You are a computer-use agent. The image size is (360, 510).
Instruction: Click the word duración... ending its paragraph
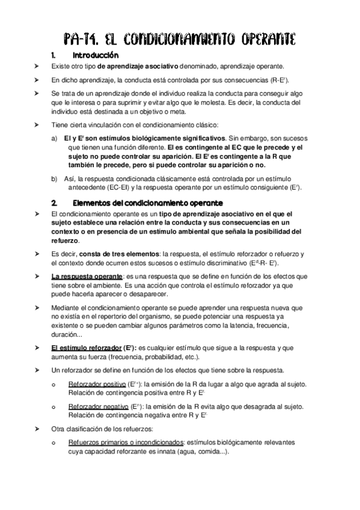(67, 334)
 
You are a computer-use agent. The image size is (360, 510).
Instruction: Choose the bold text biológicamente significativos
(171, 138)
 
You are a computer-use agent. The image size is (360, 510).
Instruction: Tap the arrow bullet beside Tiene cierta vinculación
(37, 125)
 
